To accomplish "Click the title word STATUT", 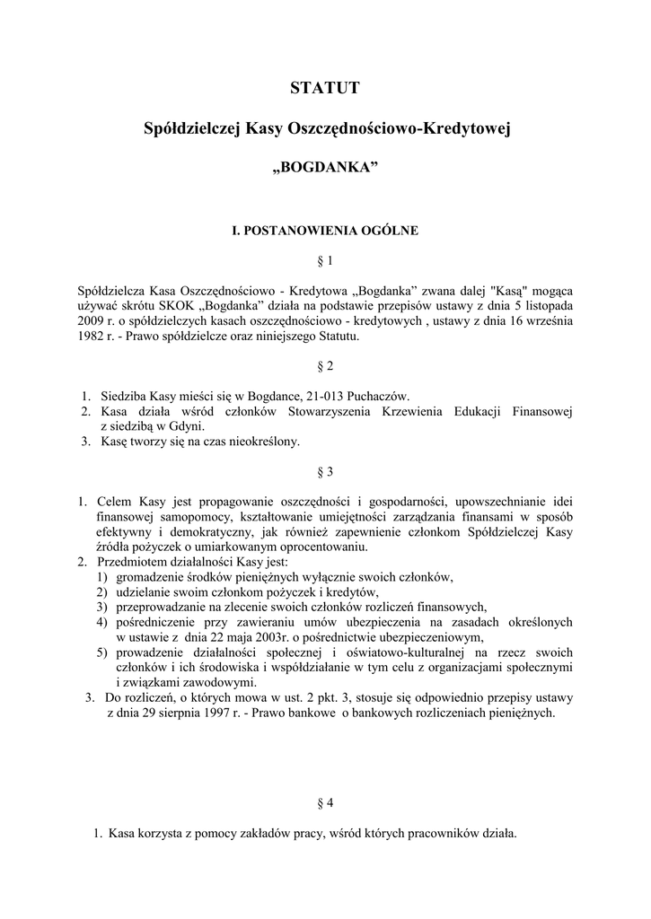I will click(325, 88).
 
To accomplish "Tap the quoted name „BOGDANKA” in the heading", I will click(325, 170).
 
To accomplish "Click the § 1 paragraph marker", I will click(325, 261).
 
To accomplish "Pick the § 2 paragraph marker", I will click(325, 366).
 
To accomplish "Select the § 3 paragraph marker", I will click(325, 471).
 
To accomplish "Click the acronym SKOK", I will click(172, 306).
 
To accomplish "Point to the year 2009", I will click(94, 321).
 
